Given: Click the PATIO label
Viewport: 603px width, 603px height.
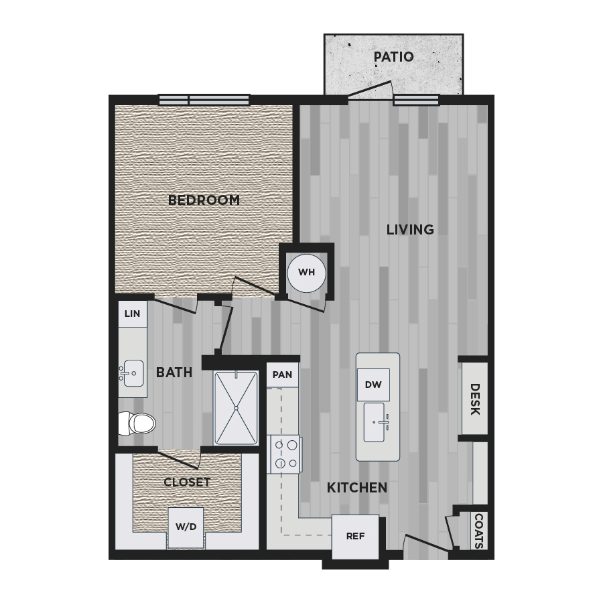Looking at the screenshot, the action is pyautogui.click(x=393, y=57).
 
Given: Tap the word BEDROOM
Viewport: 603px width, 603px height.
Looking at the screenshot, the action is pyautogui.click(x=204, y=200).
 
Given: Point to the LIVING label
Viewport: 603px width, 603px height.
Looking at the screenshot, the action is pyautogui.click(x=410, y=230).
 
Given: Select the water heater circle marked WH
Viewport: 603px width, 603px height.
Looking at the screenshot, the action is pyautogui.click(x=306, y=273).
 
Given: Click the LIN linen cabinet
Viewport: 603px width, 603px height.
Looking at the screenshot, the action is pyautogui.click(x=132, y=314).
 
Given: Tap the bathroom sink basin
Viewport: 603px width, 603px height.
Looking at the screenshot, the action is pyautogui.click(x=131, y=373).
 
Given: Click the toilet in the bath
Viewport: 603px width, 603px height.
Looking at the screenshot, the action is pyautogui.click(x=136, y=423).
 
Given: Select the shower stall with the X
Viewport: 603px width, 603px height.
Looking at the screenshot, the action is pyautogui.click(x=236, y=407).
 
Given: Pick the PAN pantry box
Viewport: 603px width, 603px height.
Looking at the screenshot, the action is pyautogui.click(x=282, y=375).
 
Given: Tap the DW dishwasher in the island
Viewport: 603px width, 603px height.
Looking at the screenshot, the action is pyautogui.click(x=373, y=385).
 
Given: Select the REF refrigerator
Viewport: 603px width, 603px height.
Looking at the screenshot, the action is pyautogui.click(x=355, y=537).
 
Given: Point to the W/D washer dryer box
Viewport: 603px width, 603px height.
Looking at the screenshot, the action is pyautogui.click(x=186, y=527).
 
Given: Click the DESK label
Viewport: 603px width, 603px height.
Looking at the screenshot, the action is pyautogui.click(x=475, y=399).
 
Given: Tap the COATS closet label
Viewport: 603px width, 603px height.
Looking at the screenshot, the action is pyautogui.click(x=479, y=531).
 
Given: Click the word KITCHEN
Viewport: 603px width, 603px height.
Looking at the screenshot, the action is pyautogui.click(x=357, y=488).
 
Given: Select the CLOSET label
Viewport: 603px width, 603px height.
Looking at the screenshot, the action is pyautogui.click(x=187, y=482).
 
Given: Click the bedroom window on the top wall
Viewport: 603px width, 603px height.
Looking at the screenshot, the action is pyautogui.click(x=204, y=100).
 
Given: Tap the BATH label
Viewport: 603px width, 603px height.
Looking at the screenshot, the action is pyautogui.click(x=174, y=373).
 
